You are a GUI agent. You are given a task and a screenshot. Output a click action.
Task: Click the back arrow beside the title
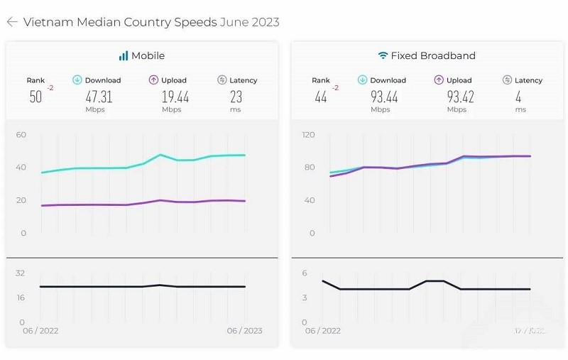coord(12,22)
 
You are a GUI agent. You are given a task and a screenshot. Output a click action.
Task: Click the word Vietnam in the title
coord(47,22)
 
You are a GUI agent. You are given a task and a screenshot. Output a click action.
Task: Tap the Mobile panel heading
coord(148,55)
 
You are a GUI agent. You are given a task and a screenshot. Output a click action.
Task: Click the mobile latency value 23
coord(236,97)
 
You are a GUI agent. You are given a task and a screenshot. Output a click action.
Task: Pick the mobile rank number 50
coord(35,97)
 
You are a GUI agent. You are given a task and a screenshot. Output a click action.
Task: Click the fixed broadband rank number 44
coord(321,97)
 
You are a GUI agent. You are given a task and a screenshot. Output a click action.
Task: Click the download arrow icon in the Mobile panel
coord(77,80)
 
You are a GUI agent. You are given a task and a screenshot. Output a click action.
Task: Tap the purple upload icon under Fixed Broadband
coord(439,80)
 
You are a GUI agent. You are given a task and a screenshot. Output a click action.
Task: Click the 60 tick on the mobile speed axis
coord(21,134)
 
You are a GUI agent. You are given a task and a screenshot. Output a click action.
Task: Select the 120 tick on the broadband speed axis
coord(308,134)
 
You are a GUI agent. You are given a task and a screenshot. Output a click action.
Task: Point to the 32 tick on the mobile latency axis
coord(21,273)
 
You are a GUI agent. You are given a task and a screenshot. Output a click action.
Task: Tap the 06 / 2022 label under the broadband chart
coord(323,330)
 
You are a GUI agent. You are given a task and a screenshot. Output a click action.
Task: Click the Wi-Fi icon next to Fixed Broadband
coord(383,55)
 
